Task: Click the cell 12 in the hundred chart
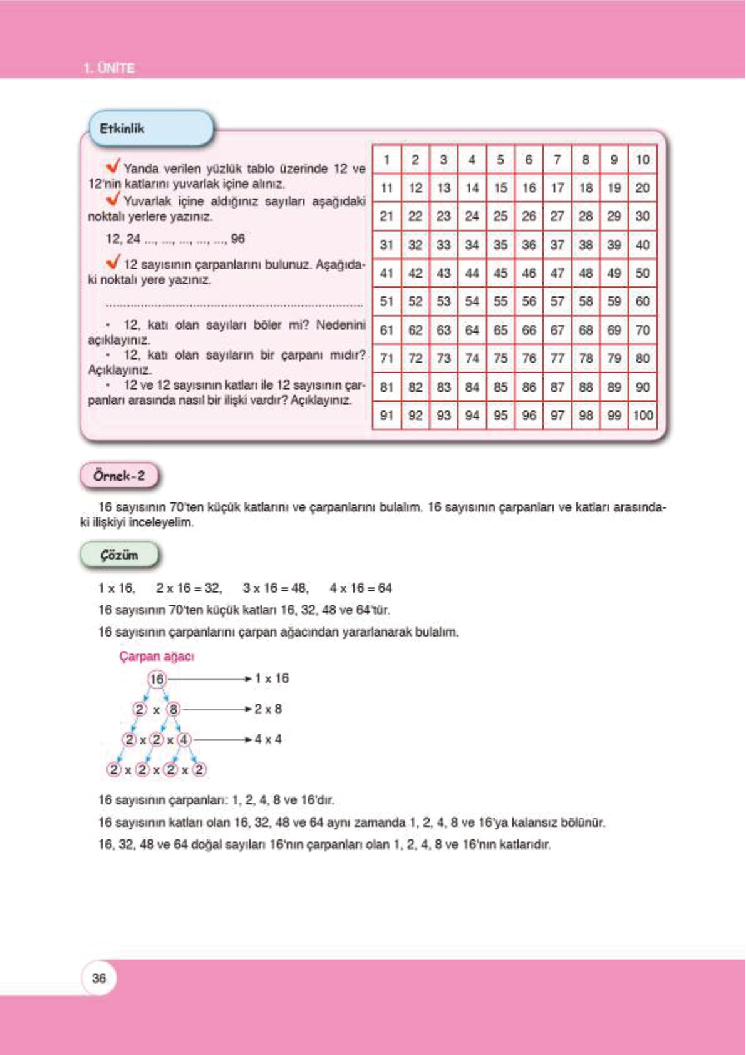point(415,188)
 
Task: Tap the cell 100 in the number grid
point(643,415)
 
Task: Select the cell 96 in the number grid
point(529,415)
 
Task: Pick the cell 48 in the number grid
point(586,273)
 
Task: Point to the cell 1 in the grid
point(387,160)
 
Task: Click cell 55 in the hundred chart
point(500,301)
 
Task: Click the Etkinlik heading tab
point(123,128)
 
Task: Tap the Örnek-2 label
point(119,476)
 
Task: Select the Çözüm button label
point(119,555)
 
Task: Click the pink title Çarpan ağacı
point(157,656)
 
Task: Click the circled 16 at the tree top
point(157,678)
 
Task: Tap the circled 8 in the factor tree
point(174,709)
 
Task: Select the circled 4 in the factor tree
point(184,739)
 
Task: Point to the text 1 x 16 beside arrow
point(272,678)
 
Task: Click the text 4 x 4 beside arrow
point(268,739)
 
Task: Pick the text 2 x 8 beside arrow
point(268,709)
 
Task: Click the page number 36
point(99,978)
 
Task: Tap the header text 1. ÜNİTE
point(109,68)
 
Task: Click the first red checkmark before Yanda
point(113,166)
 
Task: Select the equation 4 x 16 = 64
point(361,588)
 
